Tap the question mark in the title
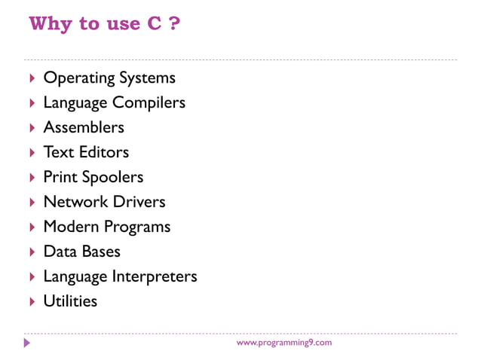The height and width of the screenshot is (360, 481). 174,23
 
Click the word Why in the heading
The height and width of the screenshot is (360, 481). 51,23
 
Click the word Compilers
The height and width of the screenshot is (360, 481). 149,103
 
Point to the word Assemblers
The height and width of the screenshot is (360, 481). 84,127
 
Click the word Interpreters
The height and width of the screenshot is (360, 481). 155,276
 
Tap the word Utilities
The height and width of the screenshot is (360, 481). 70,301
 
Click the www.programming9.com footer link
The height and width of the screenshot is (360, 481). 283,343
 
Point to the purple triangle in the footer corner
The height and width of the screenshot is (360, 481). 27,343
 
